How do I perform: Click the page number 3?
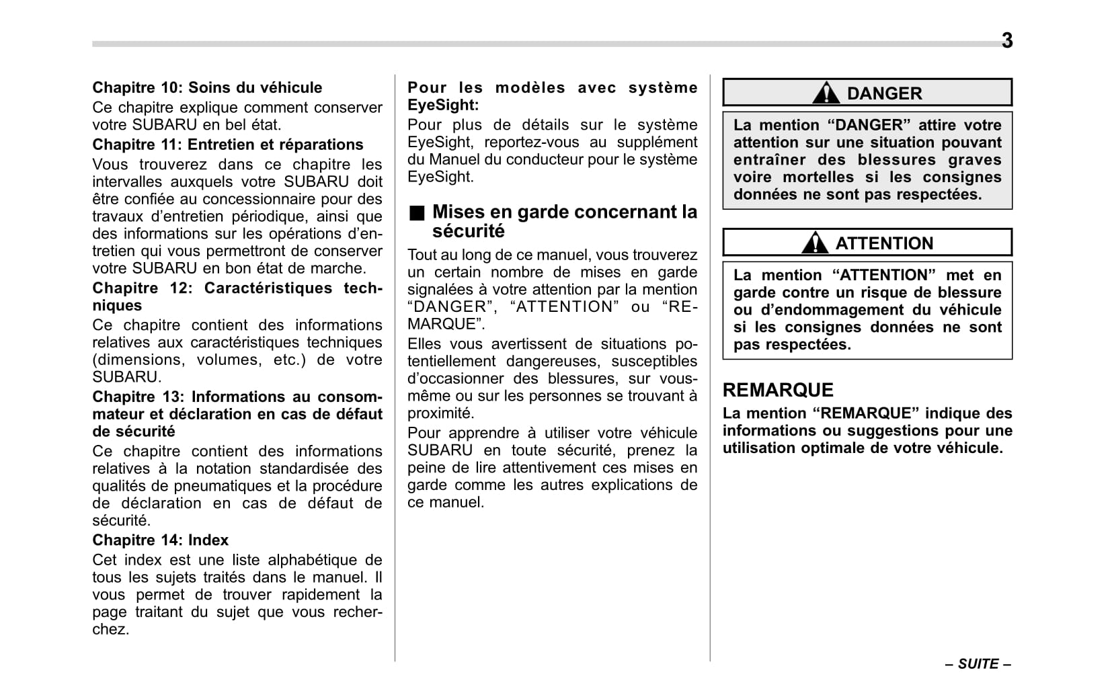click(x=1006, y=41)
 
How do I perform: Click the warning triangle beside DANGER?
click(x=826, y=93)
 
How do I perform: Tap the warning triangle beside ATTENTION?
click(x=815, y=243)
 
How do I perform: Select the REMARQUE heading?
click(x=778, y=390)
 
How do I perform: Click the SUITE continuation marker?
click(x=978, y=664)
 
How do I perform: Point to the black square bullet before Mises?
click(x=418, y=214)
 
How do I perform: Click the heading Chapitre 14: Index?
click(x=160, y=540)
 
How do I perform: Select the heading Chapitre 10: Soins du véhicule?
click(x=207, y=88)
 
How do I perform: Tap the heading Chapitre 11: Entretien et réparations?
click(x=227, y=145)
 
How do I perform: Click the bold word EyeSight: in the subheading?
click(x=443, y=106)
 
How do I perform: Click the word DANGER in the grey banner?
click(x=884, y=94)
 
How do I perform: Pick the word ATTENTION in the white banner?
click(x=884, y=243)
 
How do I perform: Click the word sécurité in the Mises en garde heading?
click(x=468, y=232)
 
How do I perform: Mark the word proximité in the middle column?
click(x=440, y=413)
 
